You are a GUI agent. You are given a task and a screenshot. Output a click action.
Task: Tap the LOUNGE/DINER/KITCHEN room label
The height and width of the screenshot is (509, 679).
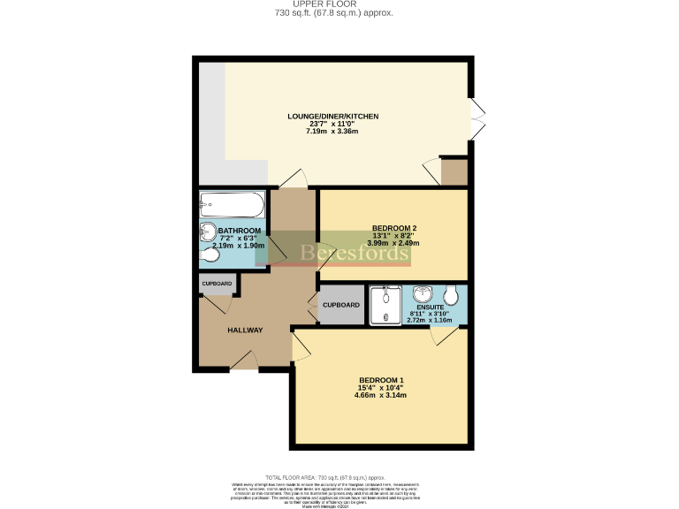click(x=332, y=116)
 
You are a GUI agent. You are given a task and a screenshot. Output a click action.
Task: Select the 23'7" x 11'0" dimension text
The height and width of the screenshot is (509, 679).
click(x=332, y=124)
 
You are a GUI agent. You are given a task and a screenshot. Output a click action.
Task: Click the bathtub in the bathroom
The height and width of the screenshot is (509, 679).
click(x=232, y=207)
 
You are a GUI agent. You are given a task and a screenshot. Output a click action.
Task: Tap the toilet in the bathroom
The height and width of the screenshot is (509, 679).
click(x=210, y=255)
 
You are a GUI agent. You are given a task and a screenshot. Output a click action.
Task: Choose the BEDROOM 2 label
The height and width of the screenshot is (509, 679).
click(x=394, y=228)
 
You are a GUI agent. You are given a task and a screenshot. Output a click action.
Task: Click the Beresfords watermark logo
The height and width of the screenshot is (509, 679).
click(x=354, y=253)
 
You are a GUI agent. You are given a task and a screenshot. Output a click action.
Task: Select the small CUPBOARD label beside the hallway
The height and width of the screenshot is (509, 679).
click(x=217, y=284)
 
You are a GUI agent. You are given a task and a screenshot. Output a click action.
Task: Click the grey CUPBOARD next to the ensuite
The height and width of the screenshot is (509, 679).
click(x=341, y=305)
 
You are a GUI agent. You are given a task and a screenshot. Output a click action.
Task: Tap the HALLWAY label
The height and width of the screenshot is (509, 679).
click(x=245, y=330)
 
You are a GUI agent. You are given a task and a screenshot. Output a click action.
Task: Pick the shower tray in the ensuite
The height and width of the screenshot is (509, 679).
click(x=386, y=305)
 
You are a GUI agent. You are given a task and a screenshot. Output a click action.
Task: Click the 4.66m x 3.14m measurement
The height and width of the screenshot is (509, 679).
click(x=382, y=395)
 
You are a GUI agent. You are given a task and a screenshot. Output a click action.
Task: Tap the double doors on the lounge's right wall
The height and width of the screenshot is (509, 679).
click(x=478, y=121)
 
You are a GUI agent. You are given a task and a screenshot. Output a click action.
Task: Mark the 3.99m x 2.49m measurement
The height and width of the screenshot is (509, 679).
click(x=394, y=243)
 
